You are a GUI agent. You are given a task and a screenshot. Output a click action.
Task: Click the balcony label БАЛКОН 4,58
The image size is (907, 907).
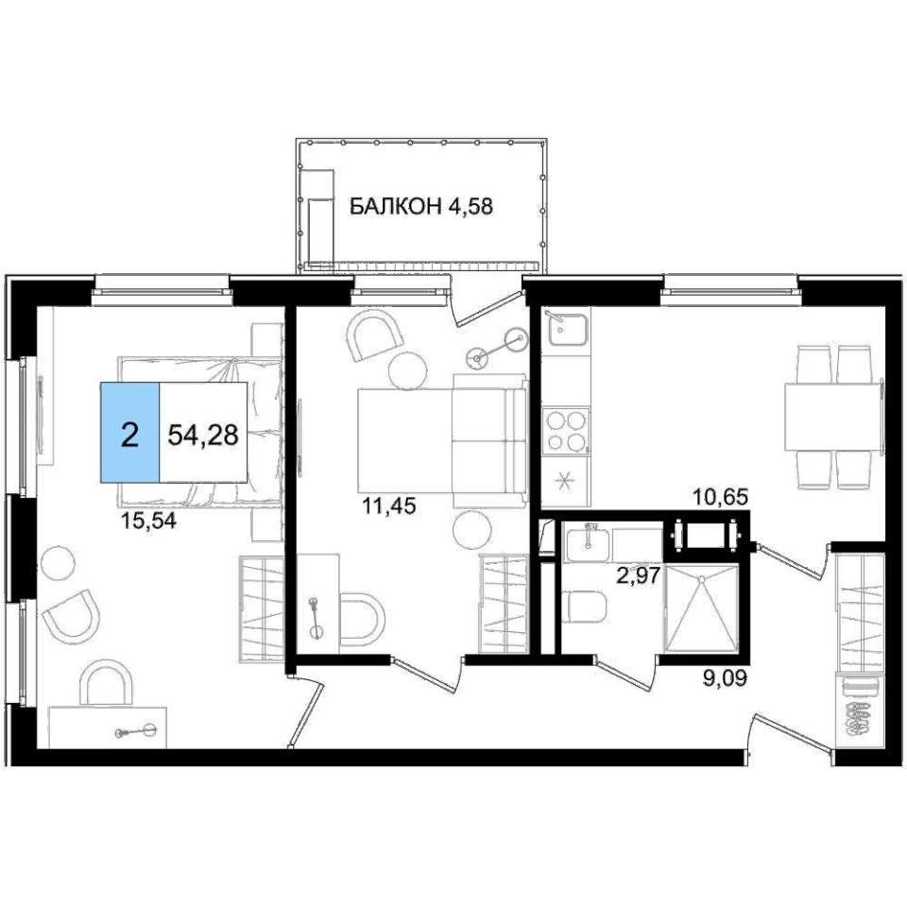click(x=421, y=206)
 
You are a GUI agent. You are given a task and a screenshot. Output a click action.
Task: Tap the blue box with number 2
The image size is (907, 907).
click(x=130, y=432)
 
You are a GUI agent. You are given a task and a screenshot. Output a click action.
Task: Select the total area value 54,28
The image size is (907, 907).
click(x=203, y=435)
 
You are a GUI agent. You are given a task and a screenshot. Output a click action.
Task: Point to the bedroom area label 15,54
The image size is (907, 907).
click(x=147, y=522)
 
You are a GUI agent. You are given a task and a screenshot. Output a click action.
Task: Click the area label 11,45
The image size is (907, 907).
click(x=388, y=506)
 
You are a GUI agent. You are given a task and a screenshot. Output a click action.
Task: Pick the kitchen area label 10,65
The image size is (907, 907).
click(x=721, y=497)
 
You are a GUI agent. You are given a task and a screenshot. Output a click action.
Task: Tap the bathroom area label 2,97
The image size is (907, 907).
click(x=639, y=576)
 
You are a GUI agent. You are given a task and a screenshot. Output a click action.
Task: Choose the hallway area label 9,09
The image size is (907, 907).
click(x=725, y=678)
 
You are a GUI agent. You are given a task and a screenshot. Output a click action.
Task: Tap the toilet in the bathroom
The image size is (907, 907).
click(x=584, y=608)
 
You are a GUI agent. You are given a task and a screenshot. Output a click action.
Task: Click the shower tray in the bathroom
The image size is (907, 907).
click(x=702, y=608)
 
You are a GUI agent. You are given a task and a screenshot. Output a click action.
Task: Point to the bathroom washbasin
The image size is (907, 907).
click(x=587, y=542)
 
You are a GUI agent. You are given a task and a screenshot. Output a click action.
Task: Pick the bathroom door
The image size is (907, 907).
click(x=625, y=674)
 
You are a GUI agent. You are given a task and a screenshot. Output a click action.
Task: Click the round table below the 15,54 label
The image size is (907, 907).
click(x=57, y=561)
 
